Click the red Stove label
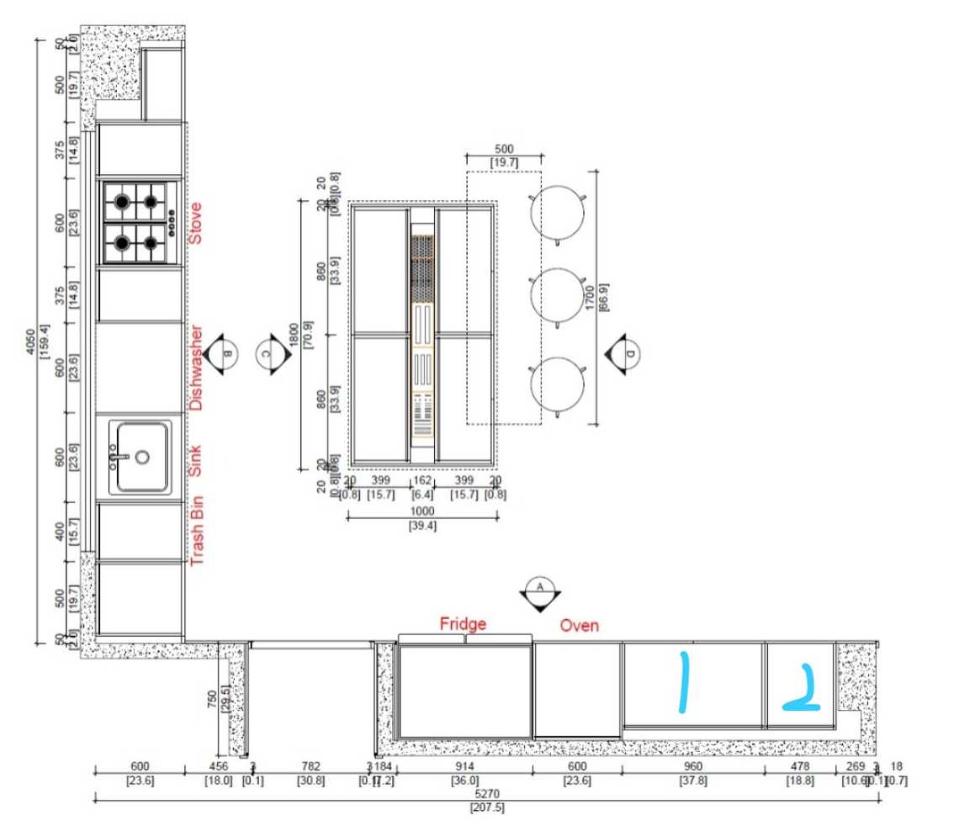tap(195, 223)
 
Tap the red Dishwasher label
tap(195, 368)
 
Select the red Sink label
tap(195, 461)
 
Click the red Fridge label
tap(463, 624)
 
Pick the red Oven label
tap(580, 625)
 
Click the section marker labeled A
tap(539, 592)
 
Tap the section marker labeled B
tap(223, 354)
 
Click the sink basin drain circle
tap(142, 458)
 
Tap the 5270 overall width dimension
tap(487, 795)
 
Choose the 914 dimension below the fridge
tap(464, 766)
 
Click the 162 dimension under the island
tap(421, 480)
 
